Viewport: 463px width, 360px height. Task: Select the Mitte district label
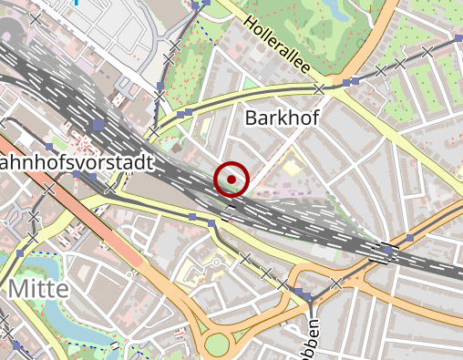click(37, 290)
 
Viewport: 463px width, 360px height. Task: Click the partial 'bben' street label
click(313, 338)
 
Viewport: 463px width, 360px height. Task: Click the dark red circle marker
click(231, 180)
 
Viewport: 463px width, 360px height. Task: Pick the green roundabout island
click(217, 344)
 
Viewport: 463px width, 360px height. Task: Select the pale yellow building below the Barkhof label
click(291, 167)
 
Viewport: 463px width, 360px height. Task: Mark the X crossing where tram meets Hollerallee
click(319, 89)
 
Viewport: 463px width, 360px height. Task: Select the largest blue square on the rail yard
click(98, 124)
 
